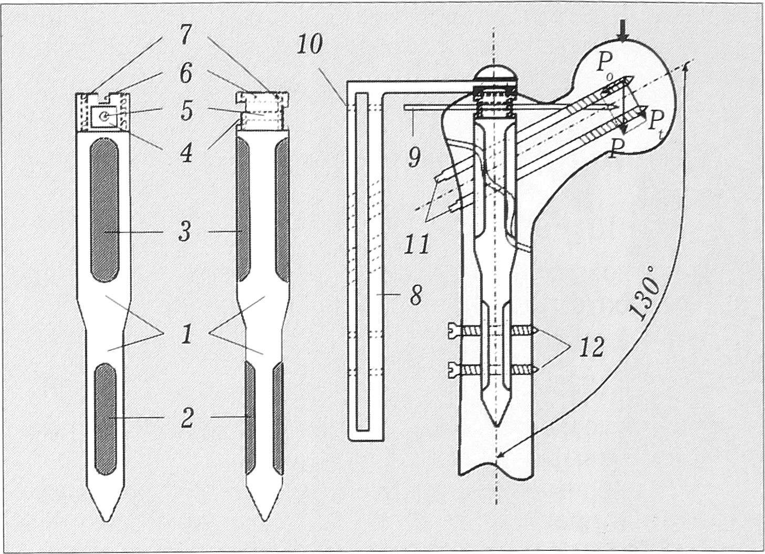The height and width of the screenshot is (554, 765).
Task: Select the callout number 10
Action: pos(309,44)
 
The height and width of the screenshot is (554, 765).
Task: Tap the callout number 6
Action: pos(185,73)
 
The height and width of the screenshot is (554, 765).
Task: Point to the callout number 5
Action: pos(187,110)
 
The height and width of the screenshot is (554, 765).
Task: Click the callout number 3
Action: pos(185,232)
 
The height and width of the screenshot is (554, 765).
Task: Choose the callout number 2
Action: pos(188,418)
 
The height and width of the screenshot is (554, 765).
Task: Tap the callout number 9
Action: pos(415,157)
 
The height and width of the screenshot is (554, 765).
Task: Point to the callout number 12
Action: pos(592,347)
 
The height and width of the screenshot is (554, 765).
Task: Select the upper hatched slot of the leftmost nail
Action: pos(104,210)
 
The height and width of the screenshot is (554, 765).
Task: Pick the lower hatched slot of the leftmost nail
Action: pos(106,419)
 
